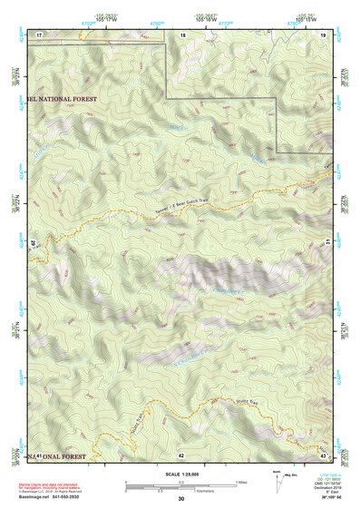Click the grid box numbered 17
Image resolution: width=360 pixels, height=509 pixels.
39,34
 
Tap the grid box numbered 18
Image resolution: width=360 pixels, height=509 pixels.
182,34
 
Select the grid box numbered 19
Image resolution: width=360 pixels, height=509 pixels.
325,34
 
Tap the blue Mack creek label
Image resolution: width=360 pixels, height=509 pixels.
177,125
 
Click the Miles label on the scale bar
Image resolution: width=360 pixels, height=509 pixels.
241,482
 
